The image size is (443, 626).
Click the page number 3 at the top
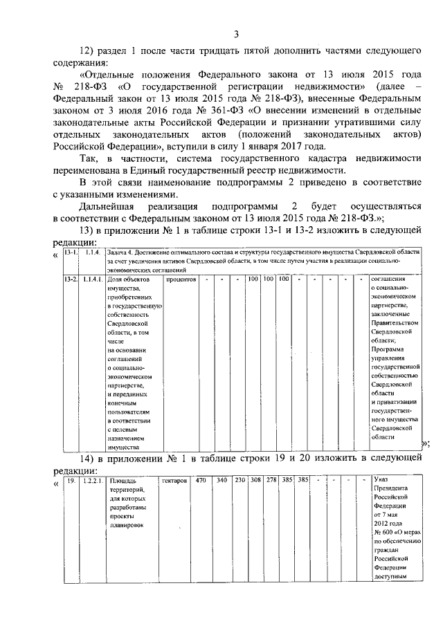point(236,34)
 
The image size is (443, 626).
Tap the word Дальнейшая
point(108,206)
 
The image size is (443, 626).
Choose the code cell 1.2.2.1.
point(93,480)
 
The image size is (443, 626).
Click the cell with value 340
point(221,480)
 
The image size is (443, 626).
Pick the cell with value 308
point(255,480)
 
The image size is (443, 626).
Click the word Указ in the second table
point(381,480)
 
